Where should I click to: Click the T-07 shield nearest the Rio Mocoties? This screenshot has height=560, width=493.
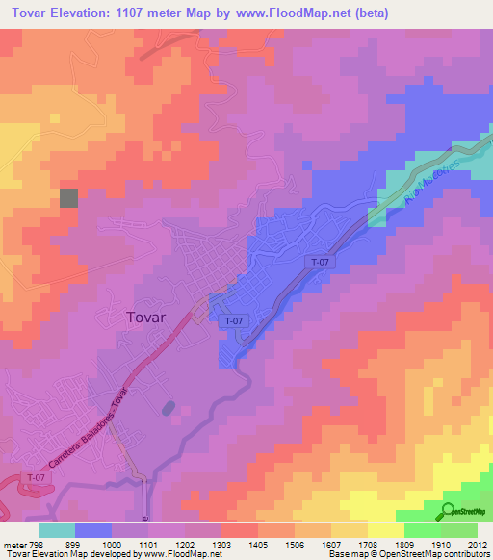pyautogui.click(x=320, y=262)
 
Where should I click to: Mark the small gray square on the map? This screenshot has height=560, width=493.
pyautogui.click(x=69, y=197)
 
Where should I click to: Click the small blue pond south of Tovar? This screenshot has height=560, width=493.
pyautogui.click(x=169, y=408)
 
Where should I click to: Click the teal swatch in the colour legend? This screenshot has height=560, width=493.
pyautogui.click(x=57, y=529)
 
